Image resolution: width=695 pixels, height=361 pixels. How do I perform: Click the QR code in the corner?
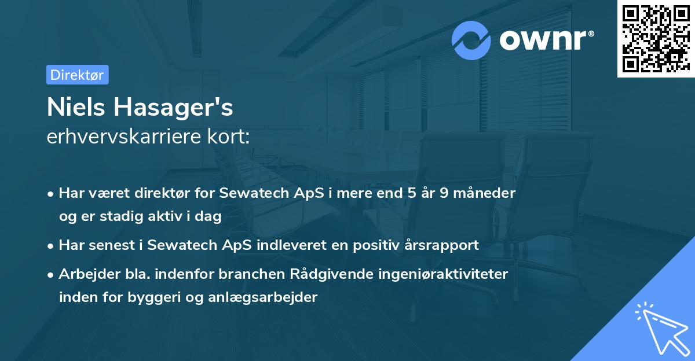coord(656,39)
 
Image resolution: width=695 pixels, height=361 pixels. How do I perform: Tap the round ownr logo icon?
coord(471,40)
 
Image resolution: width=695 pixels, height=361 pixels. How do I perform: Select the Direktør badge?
coord(77,75)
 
